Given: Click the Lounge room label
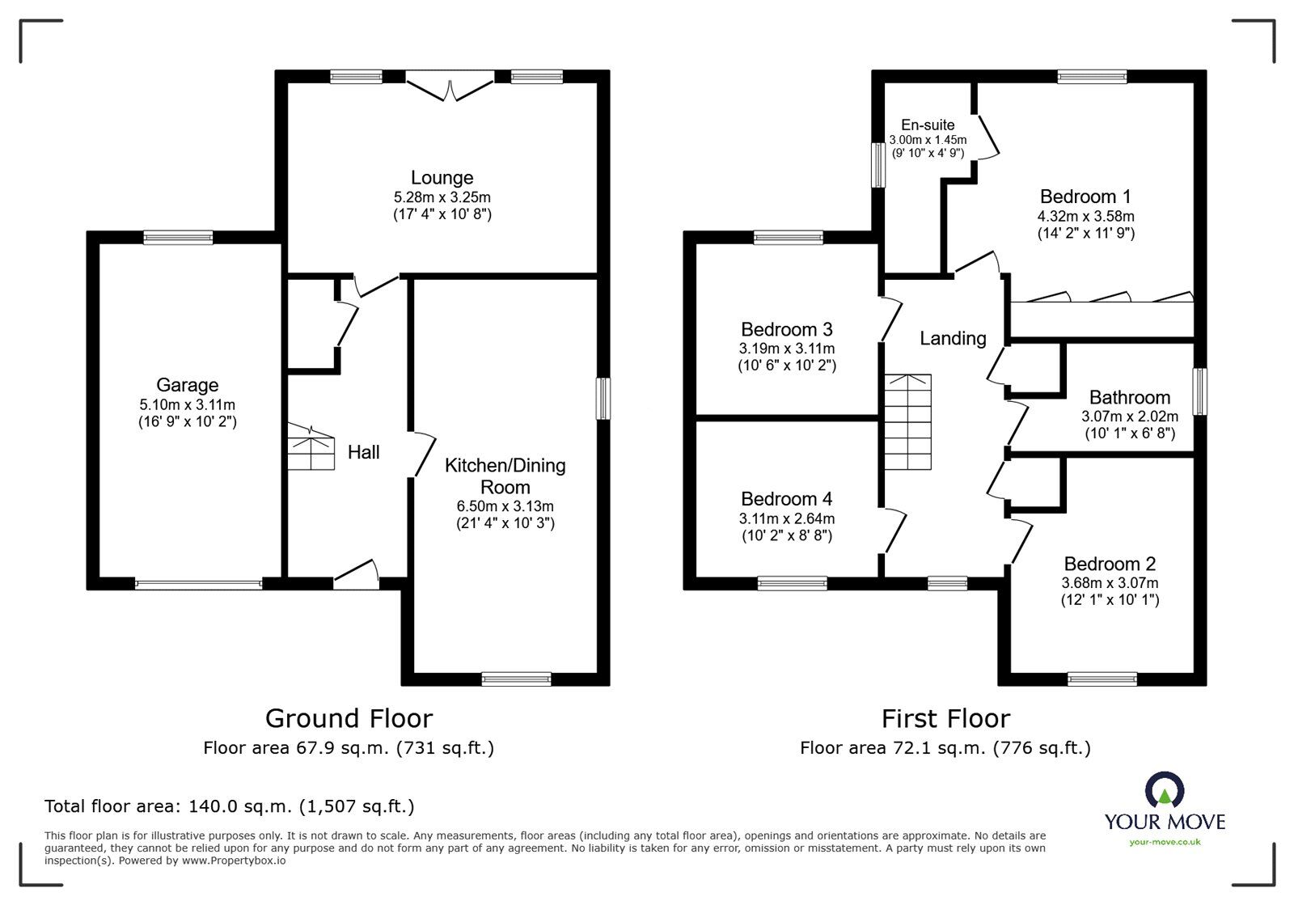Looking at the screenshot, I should pos(442,178).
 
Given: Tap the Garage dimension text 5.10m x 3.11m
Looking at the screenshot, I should pos(187,404).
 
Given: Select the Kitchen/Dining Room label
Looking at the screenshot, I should pos(505,476).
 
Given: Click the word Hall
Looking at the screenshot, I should pos(363,452).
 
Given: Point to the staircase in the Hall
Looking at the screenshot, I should pos(311,449).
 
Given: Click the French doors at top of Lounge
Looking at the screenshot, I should pos(450,84).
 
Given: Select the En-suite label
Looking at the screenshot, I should pos(928,125).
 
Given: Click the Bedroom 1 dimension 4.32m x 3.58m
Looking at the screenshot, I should pos(1085,217).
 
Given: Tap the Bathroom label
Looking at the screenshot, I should pos(1129,398).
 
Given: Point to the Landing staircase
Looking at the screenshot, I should pos(907,422).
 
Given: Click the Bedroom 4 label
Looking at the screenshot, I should pos(786,499).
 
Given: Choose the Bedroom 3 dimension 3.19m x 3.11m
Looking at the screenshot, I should pos(786,349).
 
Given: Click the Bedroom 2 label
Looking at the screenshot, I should pos(1109,564).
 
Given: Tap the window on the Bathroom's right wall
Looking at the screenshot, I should pos(1200,392).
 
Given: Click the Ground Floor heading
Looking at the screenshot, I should pos(349,718).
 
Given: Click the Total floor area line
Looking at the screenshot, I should pos(229,806).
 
